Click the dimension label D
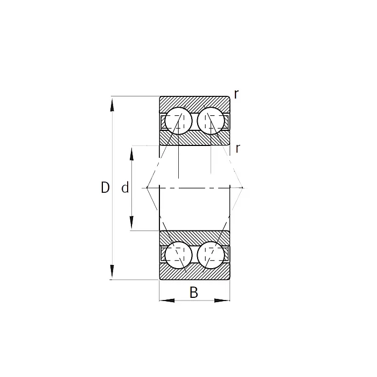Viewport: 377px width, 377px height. point(105,187)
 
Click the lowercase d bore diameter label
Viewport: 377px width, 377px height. point(125,188)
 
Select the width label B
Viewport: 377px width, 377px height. point(194,292)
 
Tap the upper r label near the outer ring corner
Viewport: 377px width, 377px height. point(236,94)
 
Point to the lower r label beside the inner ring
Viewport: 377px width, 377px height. point(238,149)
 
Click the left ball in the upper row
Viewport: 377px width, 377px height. point(178,121)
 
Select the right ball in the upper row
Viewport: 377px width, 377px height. point(211,121)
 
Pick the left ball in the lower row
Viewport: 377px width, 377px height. point(178,255)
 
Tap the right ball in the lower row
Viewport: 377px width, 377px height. point(211,255)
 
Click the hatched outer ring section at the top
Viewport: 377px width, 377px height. point(194,102)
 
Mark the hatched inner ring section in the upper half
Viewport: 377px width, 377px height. point(194,139)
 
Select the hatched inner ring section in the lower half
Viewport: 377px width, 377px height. point(194,236)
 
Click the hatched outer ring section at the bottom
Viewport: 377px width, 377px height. point(194,274)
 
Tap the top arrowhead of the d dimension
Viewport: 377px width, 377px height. point(131,152)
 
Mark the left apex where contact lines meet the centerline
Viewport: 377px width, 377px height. point(147,187)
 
